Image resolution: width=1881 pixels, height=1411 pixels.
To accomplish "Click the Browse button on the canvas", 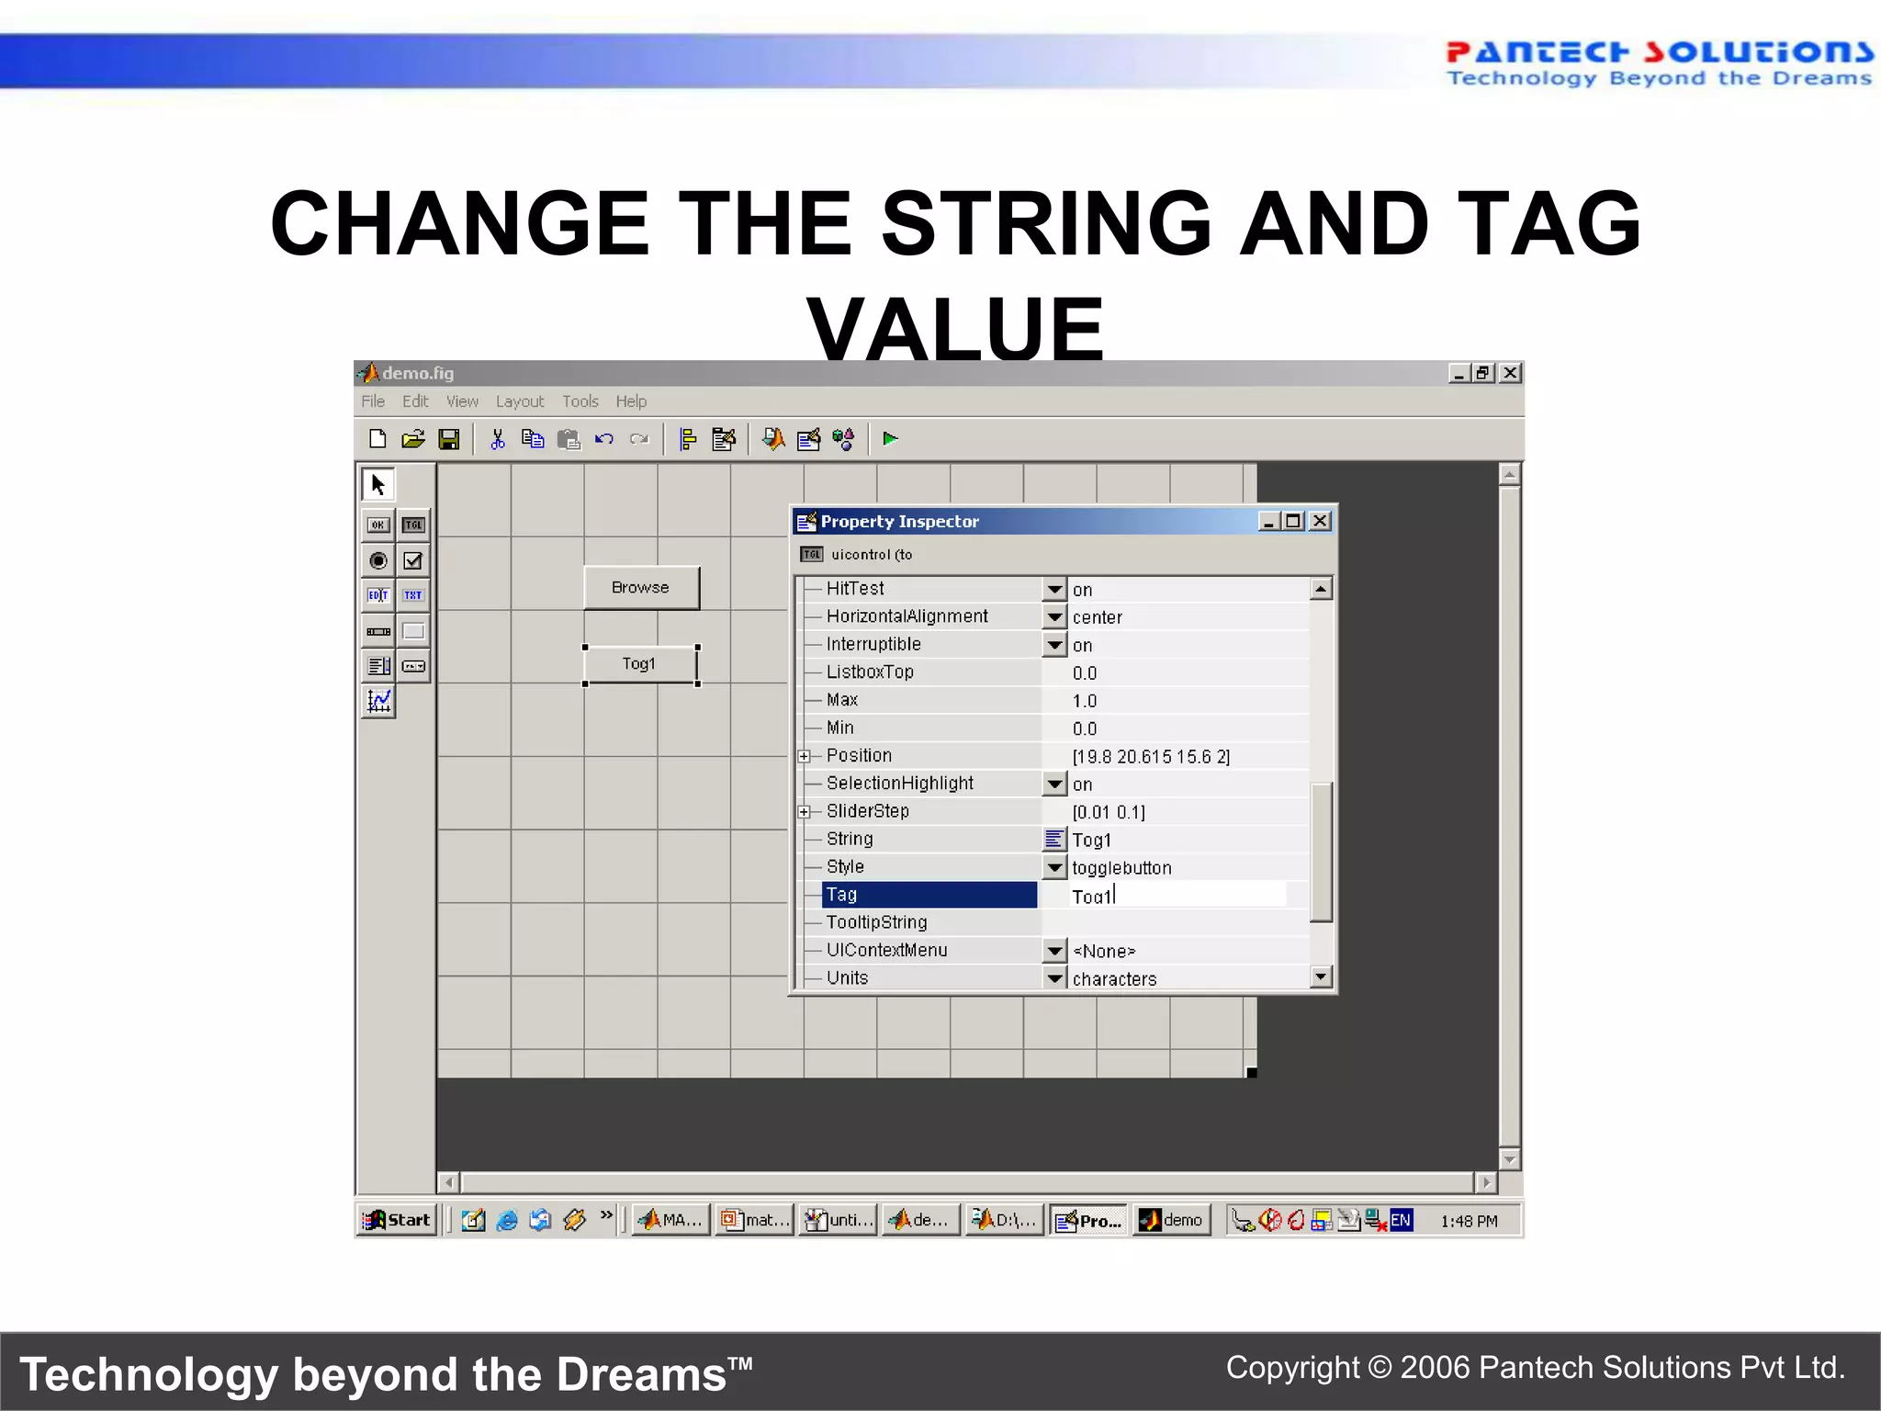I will pyautogui.click(x=641, y=588).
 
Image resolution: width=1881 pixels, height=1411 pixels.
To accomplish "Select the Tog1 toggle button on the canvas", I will pyautogui.click(x=640, y=664).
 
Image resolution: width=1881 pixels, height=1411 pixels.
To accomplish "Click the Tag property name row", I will pyautogui.click(x=929, y=895).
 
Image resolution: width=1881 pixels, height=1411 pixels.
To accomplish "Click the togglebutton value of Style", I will pyautogui.click(x=1121, y=868).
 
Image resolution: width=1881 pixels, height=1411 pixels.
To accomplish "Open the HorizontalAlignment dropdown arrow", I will pyautogui.click(x=1054, y=617).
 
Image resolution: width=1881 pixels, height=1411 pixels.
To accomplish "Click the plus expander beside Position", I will pyautogui.click(x=805, y=756).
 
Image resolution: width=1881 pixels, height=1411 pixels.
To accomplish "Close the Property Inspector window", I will pyautogui.click(x=1320, y=522).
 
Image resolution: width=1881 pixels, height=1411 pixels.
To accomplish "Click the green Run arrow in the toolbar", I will pyautogui.click(x=889, y=439).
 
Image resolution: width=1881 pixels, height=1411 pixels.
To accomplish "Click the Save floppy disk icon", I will pyautogui.click(x=449, y=439).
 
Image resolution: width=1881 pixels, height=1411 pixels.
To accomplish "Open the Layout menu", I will pyautogui.click(x=520, y=401).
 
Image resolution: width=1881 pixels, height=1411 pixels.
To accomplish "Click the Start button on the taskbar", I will pyautogui.click(x=397, y=1220).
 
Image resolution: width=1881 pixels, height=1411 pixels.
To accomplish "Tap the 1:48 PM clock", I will pyautogui.click(x=1469, y=1221).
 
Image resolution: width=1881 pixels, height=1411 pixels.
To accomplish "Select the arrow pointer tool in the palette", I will pyautogui.click(x=377, y=484).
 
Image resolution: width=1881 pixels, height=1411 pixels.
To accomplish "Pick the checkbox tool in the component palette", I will pyautogui.click(x=413, y=560).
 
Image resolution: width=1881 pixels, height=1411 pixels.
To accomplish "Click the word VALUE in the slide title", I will pyautogui.click(x=955, y=329).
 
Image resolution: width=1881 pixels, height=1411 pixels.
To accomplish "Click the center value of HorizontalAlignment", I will pyautogui.click(x=1098, y=617).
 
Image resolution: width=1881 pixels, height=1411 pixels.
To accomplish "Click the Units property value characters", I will pyautogui.click(x=1114, y=979).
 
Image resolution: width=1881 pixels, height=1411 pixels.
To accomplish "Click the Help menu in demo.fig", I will pyautogui.click(x=631, y=401).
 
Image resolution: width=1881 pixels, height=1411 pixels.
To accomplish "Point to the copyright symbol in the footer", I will pyautogui.click(x=1380, y=1368).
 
